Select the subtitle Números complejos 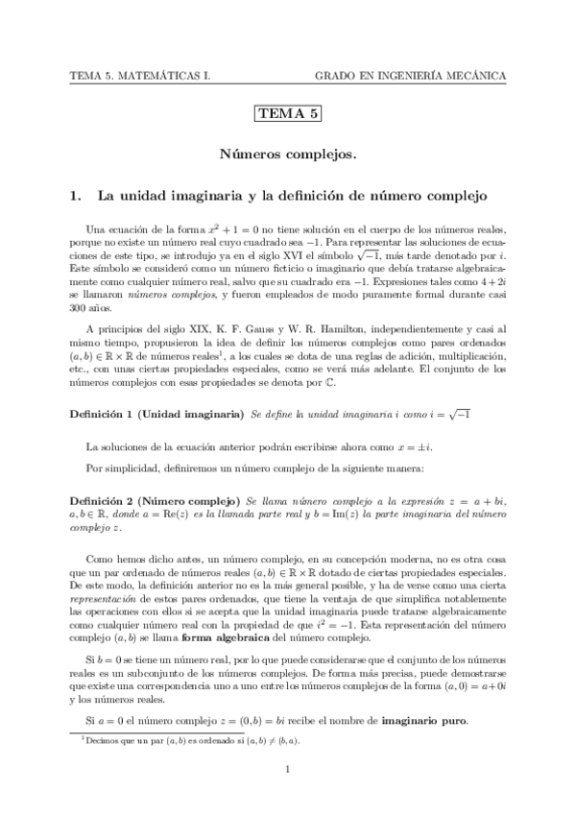(287, 154)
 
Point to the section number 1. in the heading (78, 196)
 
